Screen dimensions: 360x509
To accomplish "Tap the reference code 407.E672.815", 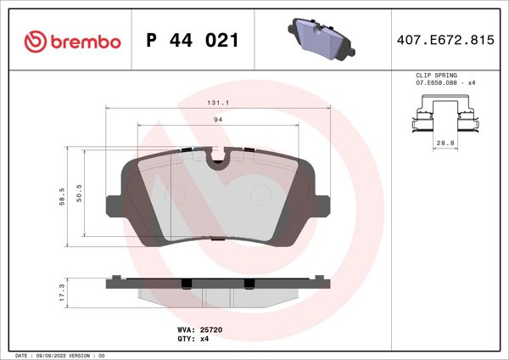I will pyautogui.click(x=445, y=41).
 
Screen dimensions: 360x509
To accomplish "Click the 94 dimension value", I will pyautogui.click(x=218, y=121).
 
